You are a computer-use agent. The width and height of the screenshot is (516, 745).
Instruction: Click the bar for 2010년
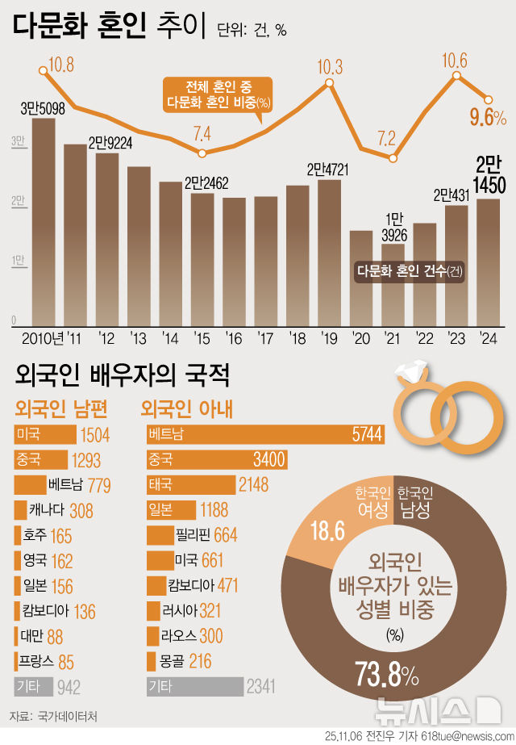44,222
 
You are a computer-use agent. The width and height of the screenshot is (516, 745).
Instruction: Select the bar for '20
361,278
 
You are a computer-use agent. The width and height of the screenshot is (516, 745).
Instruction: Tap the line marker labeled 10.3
330,83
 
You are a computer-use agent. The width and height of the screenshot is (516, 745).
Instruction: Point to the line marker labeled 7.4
202,153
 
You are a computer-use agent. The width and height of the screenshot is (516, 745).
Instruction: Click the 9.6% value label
488,118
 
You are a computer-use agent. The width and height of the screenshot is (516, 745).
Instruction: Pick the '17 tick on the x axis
265,337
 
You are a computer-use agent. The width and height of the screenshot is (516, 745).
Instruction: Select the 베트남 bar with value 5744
265,434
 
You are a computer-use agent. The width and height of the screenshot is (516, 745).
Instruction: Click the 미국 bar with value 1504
45,435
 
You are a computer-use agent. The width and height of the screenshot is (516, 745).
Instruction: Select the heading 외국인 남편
62,408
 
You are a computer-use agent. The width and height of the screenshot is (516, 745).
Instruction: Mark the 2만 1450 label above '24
490,175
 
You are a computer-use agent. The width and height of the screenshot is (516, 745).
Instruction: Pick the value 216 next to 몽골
199,661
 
